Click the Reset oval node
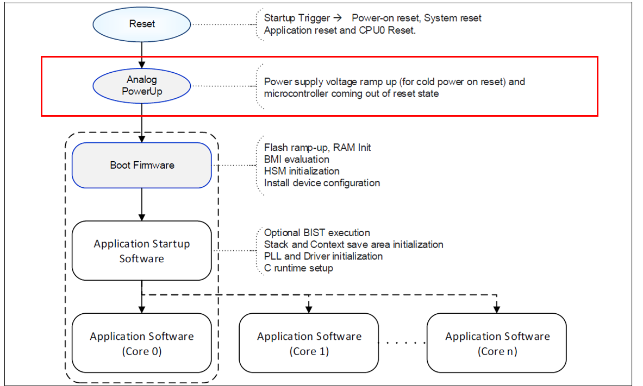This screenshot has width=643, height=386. tap(142, 24)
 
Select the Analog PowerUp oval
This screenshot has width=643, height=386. tap(142, 86)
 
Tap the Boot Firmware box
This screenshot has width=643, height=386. tap(142, 165)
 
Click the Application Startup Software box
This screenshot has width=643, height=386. tap(142, 251)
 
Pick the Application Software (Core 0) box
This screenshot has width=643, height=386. tap(142, 343)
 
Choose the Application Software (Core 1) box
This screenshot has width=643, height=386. tap(309, 343)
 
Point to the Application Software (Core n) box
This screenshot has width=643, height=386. tap(497, 343)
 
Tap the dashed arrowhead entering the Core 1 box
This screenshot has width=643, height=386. tap(309, 308)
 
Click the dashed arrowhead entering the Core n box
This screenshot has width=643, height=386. tap(497, 308)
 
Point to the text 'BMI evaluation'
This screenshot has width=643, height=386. tap(296, 160)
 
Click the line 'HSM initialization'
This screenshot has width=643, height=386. tap(302, 172)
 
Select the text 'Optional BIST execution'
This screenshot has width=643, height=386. tap(317, 233)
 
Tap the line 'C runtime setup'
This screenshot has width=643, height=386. tap(298, 268)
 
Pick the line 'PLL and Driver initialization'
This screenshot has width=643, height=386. tap(323, 256)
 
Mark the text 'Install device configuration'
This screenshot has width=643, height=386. tap(322, 183)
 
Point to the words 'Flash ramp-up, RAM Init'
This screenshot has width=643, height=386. tap(317, 148)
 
